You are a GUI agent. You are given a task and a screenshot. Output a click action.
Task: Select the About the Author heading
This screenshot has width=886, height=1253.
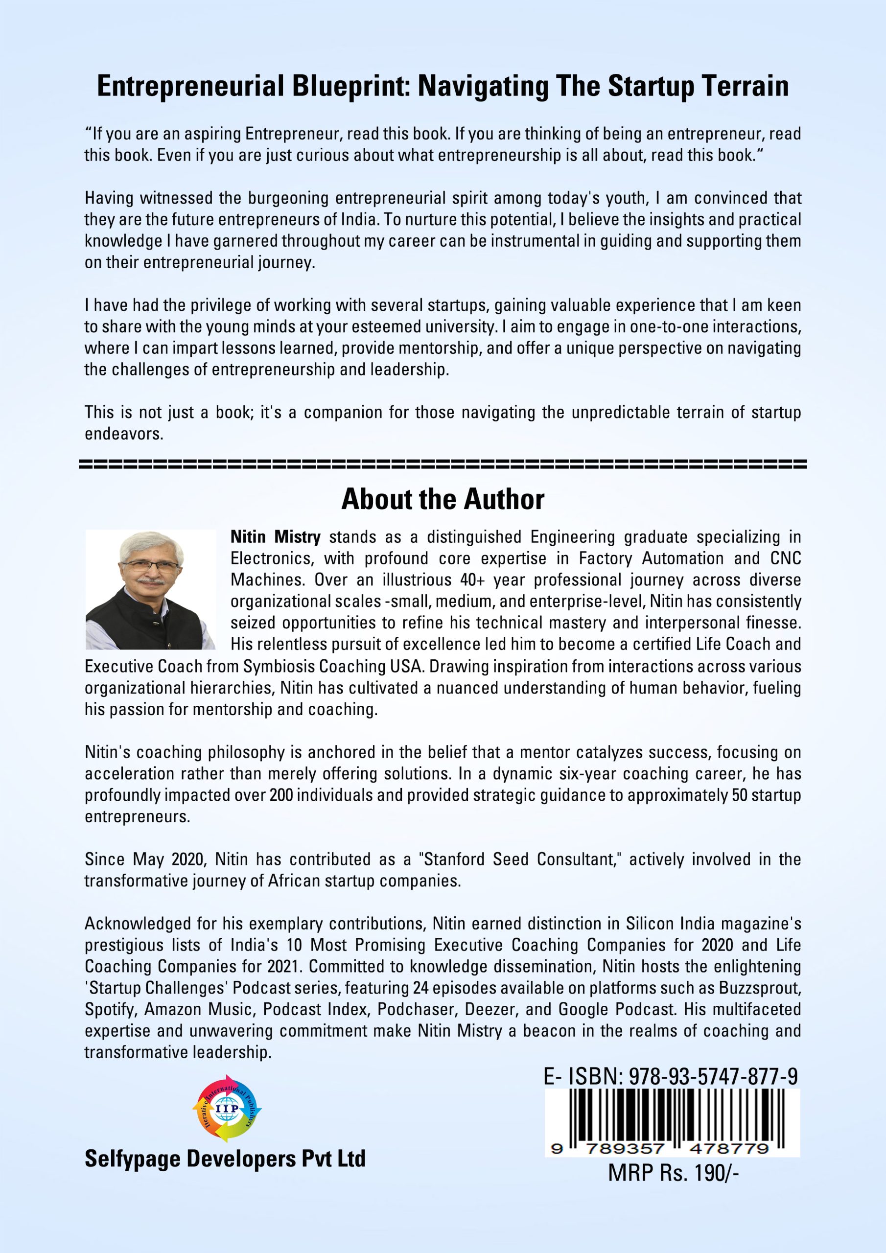coord(443,499)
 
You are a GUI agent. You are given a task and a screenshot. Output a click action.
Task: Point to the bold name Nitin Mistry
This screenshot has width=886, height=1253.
coord(275,537)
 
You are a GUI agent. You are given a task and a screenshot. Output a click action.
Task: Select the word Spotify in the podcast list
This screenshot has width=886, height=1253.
coord(110,1010)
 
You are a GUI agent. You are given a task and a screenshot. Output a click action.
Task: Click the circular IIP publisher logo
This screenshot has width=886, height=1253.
coord(227,1109)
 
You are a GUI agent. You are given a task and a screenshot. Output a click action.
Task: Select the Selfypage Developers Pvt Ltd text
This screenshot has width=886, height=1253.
coord(225,1159)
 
